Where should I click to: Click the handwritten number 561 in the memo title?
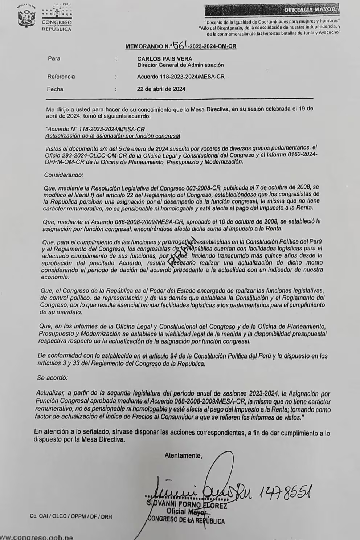tap(180, 45)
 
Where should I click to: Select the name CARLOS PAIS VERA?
tap(165, 58)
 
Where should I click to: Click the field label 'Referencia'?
tap(61, 77)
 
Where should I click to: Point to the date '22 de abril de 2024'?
tap(161, 89)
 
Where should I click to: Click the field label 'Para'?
tap(54, 58)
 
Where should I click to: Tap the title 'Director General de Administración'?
tap(180, 65)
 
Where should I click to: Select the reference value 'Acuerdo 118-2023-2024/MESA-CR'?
tap(181, 77)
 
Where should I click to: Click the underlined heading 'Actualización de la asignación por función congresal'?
tap(112, 136)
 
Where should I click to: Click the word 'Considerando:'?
tap(64, 175)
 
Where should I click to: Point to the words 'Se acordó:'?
tap(52, 378)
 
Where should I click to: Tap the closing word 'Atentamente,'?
tap(183, 455)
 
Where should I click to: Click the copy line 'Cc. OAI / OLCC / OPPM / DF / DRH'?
tap(71, 516)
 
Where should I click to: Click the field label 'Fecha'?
tap(55, 89)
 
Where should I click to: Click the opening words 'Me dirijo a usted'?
tap(68, 109)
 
